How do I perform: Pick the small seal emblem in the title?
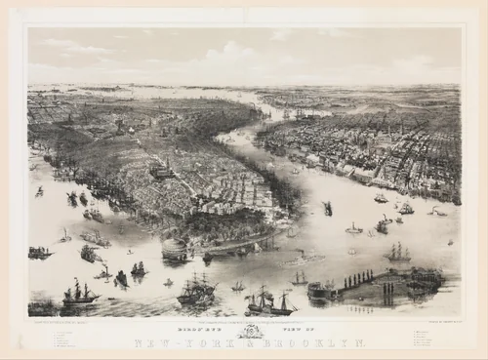[x=245, y=332]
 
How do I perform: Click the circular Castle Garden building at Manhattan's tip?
[x=177, y=251]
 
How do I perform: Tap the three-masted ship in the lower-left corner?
[x=79, y=293]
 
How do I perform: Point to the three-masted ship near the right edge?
[x=396, y=253]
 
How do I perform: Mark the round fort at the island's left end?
[x=319, y=290]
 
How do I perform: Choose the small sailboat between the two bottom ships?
[x=237, y=287]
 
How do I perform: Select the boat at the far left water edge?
[x=39, y=253]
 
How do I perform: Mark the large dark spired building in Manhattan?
[x=162, y=171]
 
